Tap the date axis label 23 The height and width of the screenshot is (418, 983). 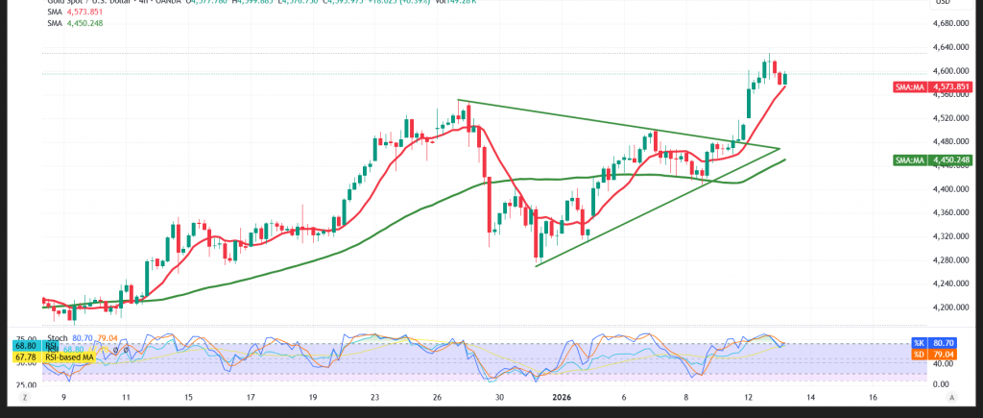coord(374,395)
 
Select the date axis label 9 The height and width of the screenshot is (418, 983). coord(64,395)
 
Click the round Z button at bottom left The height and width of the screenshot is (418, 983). coord(27,396)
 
